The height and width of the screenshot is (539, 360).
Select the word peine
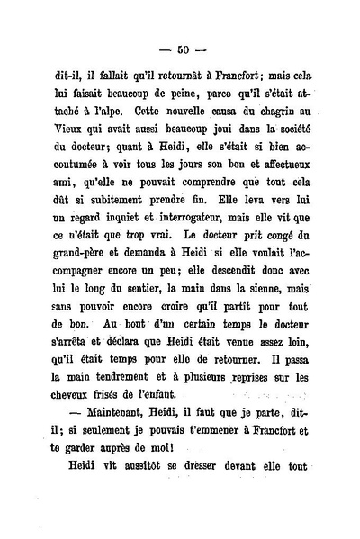[199, 110]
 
